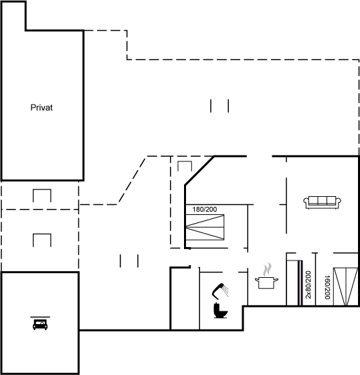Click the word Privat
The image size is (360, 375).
[x=41, y=108]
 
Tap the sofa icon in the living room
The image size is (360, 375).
[x=322, y=202]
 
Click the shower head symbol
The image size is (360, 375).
[x=220, y=291]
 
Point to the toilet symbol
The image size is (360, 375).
[x=220, y=311]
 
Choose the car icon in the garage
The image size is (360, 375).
[x=40, y=325]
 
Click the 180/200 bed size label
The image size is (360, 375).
[x=205, y=210]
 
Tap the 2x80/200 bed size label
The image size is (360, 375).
[x=308, y=285]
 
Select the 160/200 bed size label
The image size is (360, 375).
[x=327, y=287]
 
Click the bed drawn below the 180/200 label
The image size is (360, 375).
[x=205, y=227]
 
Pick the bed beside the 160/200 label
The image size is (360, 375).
[x=346, y=287]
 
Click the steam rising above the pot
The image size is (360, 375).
[x=267, y=269]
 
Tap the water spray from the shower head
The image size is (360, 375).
[x=226, y=291]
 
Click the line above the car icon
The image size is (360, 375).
[x=40, y=317]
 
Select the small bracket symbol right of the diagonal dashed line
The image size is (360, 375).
[x=185, y=166]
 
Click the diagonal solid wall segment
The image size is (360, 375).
[x=199, y=171]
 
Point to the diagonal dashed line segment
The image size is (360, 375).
[x=132, y=180]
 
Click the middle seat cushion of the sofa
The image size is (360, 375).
[x=323, y=200]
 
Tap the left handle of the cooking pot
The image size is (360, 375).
[x=257, y=279]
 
